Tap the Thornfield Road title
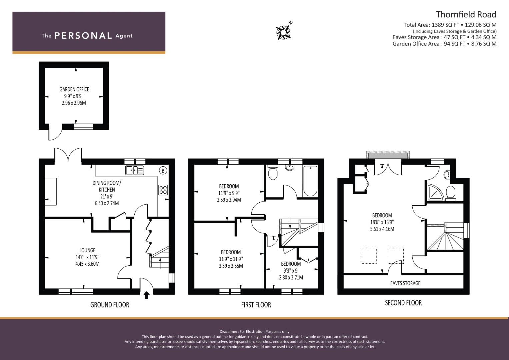pos(466,15)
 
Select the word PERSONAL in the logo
pos(83,36)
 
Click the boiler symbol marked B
pos(163,170)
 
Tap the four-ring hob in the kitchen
pos(163,190)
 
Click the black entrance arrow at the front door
pos(147,295)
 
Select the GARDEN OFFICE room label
pos(74,89)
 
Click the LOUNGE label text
pos(87,250)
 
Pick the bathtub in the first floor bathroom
pos(310,181)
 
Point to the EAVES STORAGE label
pos(405,283)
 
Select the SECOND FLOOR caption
pos(403,303)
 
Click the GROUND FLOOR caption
pos(110,305)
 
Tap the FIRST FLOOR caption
pos(256,305)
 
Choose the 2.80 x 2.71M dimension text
pos(291,277)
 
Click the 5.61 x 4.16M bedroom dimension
pos(382,229)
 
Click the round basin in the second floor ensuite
pos(446,175)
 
